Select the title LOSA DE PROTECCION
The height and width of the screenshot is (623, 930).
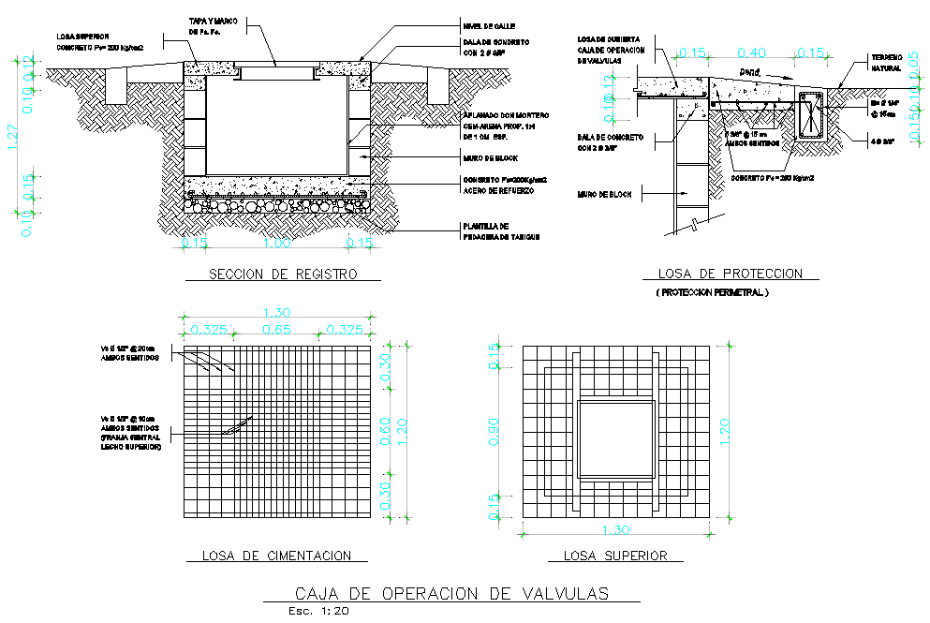point(731,274)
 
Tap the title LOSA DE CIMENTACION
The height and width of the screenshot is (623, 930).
point(277,556)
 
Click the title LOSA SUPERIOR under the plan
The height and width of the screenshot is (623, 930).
point(615,556)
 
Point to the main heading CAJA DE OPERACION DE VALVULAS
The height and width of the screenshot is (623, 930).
point(451,593)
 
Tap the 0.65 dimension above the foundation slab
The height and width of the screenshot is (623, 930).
point(277,330)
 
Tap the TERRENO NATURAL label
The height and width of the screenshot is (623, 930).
point(886,63)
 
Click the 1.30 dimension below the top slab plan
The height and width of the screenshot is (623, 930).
point(615,530)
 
